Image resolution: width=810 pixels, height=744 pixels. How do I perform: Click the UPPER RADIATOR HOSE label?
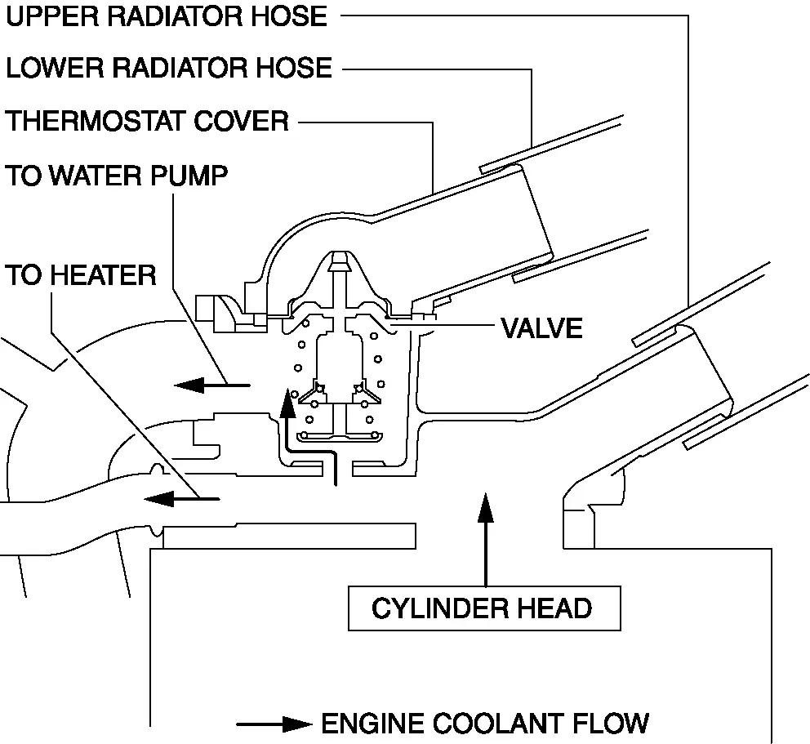click(x=167, y=16)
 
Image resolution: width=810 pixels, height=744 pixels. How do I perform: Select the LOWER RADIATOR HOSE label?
click(x=169, y=68)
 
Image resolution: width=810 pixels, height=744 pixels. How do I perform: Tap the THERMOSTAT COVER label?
click(x=148, y=122)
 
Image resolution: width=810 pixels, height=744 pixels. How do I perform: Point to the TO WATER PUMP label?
click(x=117, y=176)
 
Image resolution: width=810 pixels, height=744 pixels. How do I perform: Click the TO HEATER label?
click(x=81, y=275)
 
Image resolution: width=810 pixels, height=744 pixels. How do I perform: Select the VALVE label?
click(x=541, y=328)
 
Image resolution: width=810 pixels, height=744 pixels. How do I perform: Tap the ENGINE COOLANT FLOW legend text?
click(x=485, y=723)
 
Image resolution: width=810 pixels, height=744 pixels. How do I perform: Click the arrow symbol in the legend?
click(x=274, y=724)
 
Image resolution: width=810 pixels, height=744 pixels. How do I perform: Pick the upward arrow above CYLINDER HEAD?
click(x=486, y=539)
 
